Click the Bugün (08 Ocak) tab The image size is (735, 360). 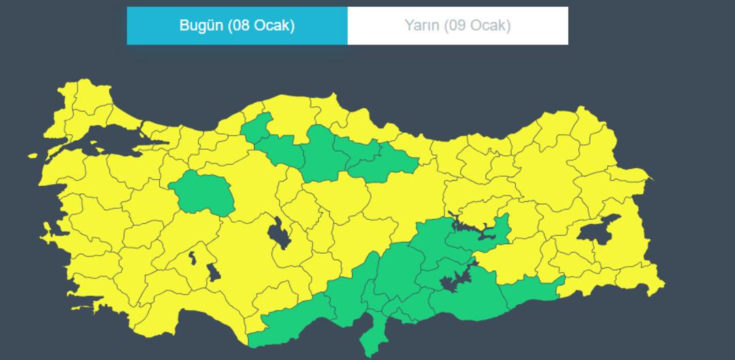(237, 26)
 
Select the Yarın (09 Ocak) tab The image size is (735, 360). (457, 26)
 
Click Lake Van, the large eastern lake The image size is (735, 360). (598, 230)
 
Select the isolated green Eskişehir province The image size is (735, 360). (202, 191)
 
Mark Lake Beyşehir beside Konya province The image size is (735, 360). (213, 273)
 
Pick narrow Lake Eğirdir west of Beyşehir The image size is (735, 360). (193, 257)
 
